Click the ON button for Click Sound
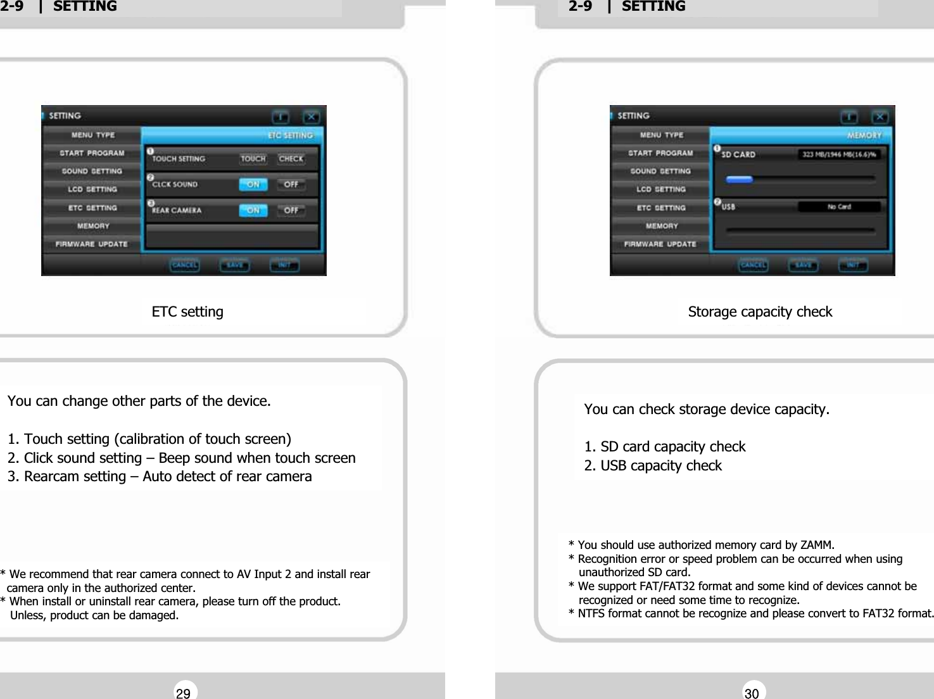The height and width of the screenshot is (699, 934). pos(253,184)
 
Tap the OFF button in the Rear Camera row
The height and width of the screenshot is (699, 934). pos(291,210)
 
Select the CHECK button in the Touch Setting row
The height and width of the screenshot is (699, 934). pos(291,159)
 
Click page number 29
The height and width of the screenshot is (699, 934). pos(184,693)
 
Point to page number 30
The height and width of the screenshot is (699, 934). pos(752,693)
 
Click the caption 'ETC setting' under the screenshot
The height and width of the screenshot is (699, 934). pos(187,312)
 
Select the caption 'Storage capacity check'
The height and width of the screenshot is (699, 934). pos(760,312)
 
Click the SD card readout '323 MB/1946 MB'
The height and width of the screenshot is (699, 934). pos(838,154)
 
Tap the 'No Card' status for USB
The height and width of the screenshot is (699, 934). pos(839,207)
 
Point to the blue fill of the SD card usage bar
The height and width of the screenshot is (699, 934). pos(739,179)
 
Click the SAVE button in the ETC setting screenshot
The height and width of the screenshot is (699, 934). pos(235,265)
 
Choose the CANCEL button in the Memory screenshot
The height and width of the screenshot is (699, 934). pos(753,265)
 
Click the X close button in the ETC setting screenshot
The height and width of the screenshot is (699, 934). pos(310,117)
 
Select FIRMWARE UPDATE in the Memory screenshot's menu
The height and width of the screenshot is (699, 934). pos(660,244)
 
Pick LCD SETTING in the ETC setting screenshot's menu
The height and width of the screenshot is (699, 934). pos(92,189)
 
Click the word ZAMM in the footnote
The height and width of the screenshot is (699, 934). pos(816,545)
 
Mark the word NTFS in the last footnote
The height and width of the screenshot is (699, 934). pos(591,614)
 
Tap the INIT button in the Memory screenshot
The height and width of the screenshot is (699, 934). pos(852,265)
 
